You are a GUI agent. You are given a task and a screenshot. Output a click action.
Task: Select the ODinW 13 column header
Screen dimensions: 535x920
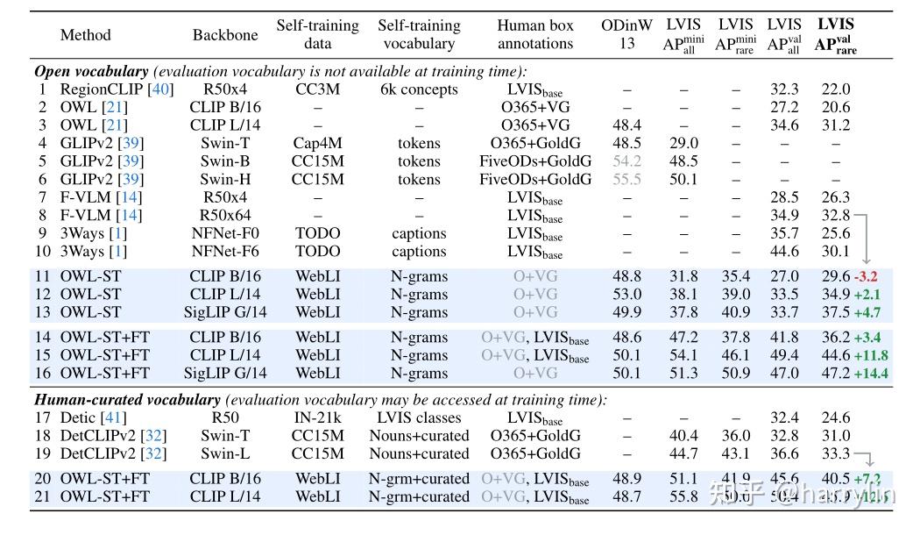(626, 34)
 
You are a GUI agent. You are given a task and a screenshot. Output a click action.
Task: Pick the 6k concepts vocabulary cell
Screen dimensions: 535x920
(419, 89)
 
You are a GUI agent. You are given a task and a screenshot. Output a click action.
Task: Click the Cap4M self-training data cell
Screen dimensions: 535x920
(317, 143)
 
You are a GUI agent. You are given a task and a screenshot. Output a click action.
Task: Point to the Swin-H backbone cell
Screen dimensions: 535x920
(225, 179)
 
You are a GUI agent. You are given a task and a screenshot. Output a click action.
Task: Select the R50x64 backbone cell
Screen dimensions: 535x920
(225, 215)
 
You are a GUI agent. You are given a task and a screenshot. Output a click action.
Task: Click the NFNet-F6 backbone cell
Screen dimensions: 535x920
(225, 252)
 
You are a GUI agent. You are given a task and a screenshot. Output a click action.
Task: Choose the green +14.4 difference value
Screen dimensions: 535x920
(871, 374)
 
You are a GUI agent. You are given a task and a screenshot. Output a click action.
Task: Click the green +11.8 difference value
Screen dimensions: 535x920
(871, 355)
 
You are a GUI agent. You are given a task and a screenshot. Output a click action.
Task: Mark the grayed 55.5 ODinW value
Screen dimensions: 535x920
(626, 179)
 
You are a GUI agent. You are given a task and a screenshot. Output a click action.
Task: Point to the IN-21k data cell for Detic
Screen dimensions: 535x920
(317, 418)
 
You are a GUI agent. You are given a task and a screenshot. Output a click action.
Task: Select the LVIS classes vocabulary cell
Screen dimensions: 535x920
(419, 418)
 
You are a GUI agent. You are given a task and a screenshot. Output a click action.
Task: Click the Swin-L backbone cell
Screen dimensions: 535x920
(225, 454)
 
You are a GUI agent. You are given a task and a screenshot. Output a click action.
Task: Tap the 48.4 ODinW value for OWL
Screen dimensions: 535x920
(626, 125)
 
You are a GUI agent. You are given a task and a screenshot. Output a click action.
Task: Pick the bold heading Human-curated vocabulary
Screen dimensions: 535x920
(127, 400)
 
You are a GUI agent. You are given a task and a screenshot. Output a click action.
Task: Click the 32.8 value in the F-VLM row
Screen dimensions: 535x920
(836, 215)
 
